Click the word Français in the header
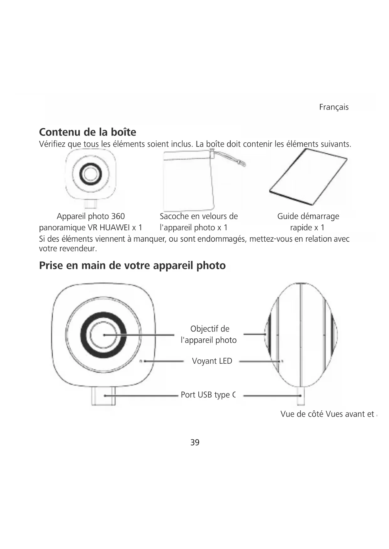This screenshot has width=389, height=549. coord(334,107)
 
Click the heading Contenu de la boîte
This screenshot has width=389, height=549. coord(87,132)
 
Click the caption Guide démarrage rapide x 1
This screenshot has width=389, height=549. coord(308,222)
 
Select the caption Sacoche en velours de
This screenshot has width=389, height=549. coord(199,216)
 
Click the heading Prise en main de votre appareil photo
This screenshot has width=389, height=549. coord(132,265)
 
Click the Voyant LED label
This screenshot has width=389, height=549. coord(212,361)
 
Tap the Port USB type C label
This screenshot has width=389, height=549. coord(208,395)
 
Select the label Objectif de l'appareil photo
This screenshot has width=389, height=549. coord(209,334)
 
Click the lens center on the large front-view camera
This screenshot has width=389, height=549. coord(104,335)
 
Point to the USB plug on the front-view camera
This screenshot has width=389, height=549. coord(103,396)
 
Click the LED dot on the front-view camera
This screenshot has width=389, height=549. coord(141,361)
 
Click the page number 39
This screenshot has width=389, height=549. coord(195,442)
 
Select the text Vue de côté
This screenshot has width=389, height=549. coord(302,414)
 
